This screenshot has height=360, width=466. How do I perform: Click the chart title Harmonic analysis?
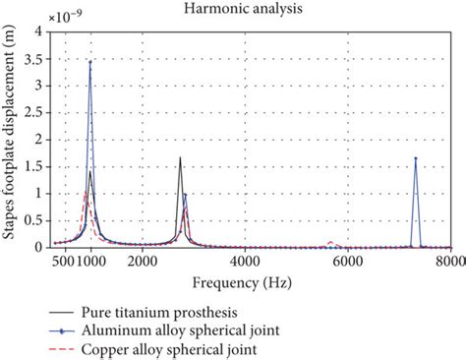251,9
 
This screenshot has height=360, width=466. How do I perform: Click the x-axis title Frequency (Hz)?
249,283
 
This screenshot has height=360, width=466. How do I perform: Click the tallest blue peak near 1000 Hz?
90,62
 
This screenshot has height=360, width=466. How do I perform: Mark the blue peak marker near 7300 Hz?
415,158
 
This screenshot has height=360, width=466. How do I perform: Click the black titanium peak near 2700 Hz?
180,157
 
